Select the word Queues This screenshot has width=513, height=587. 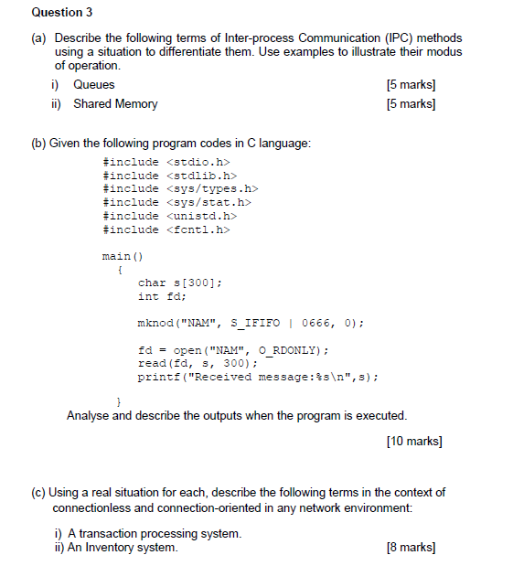tap(94, 85)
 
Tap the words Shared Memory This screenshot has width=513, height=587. tap(115, 104)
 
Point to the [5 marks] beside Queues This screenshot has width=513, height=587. tap(411, 85)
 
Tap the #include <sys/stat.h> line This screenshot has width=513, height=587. tap(177, 202)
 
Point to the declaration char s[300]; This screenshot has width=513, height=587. tap(179, 283)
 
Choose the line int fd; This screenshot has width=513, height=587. tap(162, 297)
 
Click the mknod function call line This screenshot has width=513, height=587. tap(251, 324)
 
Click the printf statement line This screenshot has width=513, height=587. tap(258, 377)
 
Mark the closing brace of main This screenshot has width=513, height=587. tap(119, 402)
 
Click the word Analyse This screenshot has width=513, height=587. tap(88, 416)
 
